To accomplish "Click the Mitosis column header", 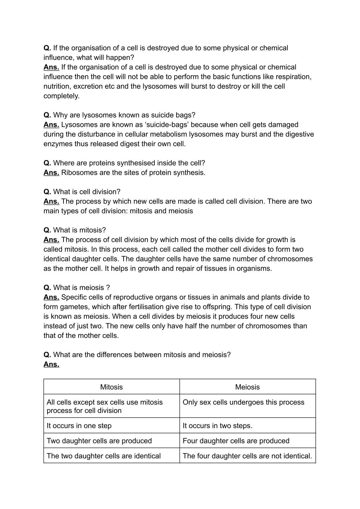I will (x=111, y=387).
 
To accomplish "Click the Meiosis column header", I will (x=247, y=387).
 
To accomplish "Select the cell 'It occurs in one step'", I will (x=79, y=426).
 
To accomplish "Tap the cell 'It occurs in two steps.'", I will (x=217, y=426).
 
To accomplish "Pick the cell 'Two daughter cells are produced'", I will (x=99, y=441).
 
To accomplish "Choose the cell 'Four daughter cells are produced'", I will (x=236, y=441).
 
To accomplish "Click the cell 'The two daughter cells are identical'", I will (x=104, y=456).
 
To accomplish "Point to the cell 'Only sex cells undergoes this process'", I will (x=243, y=402).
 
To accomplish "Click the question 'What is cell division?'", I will (x=87, y=192).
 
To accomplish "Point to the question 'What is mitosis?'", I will (x=79, y=230).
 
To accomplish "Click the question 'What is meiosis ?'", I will (x=82, y=288).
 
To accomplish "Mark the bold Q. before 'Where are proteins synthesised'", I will (x=47, y=163).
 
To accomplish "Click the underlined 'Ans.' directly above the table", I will (x=51, y=364).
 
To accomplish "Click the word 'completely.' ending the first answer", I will (x=61, y=96).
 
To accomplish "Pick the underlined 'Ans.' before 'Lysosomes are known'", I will (x=51, y=125).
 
